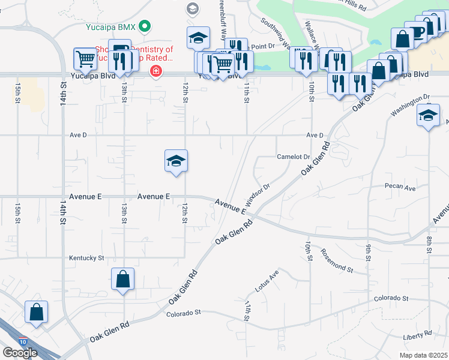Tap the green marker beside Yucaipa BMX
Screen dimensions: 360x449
click(144, 26)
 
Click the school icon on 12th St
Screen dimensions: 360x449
click(176, 161)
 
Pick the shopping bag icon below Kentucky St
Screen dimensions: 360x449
click(122, 279)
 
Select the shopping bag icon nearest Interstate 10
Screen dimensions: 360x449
click(36, 312)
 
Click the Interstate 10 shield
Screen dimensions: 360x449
click(22, 341)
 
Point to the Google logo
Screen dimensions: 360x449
click(20, 352)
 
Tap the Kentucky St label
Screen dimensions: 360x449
click(86, 258)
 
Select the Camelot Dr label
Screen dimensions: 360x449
click(293, 157)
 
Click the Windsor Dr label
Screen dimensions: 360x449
click(258, 194)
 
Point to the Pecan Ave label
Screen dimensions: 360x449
click(400, 188)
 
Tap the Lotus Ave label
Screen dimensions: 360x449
click(267, 280)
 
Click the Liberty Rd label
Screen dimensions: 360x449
click(418, 333)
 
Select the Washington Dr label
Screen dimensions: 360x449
click(411, 104)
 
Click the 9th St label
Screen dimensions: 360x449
click(368, 252)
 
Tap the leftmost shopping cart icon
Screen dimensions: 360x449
click(85, 59)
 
